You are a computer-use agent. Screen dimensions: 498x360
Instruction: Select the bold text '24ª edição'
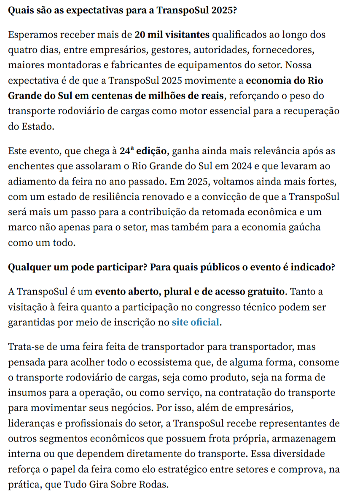[143, 150]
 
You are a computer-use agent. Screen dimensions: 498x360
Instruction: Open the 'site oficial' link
[196, 323]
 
